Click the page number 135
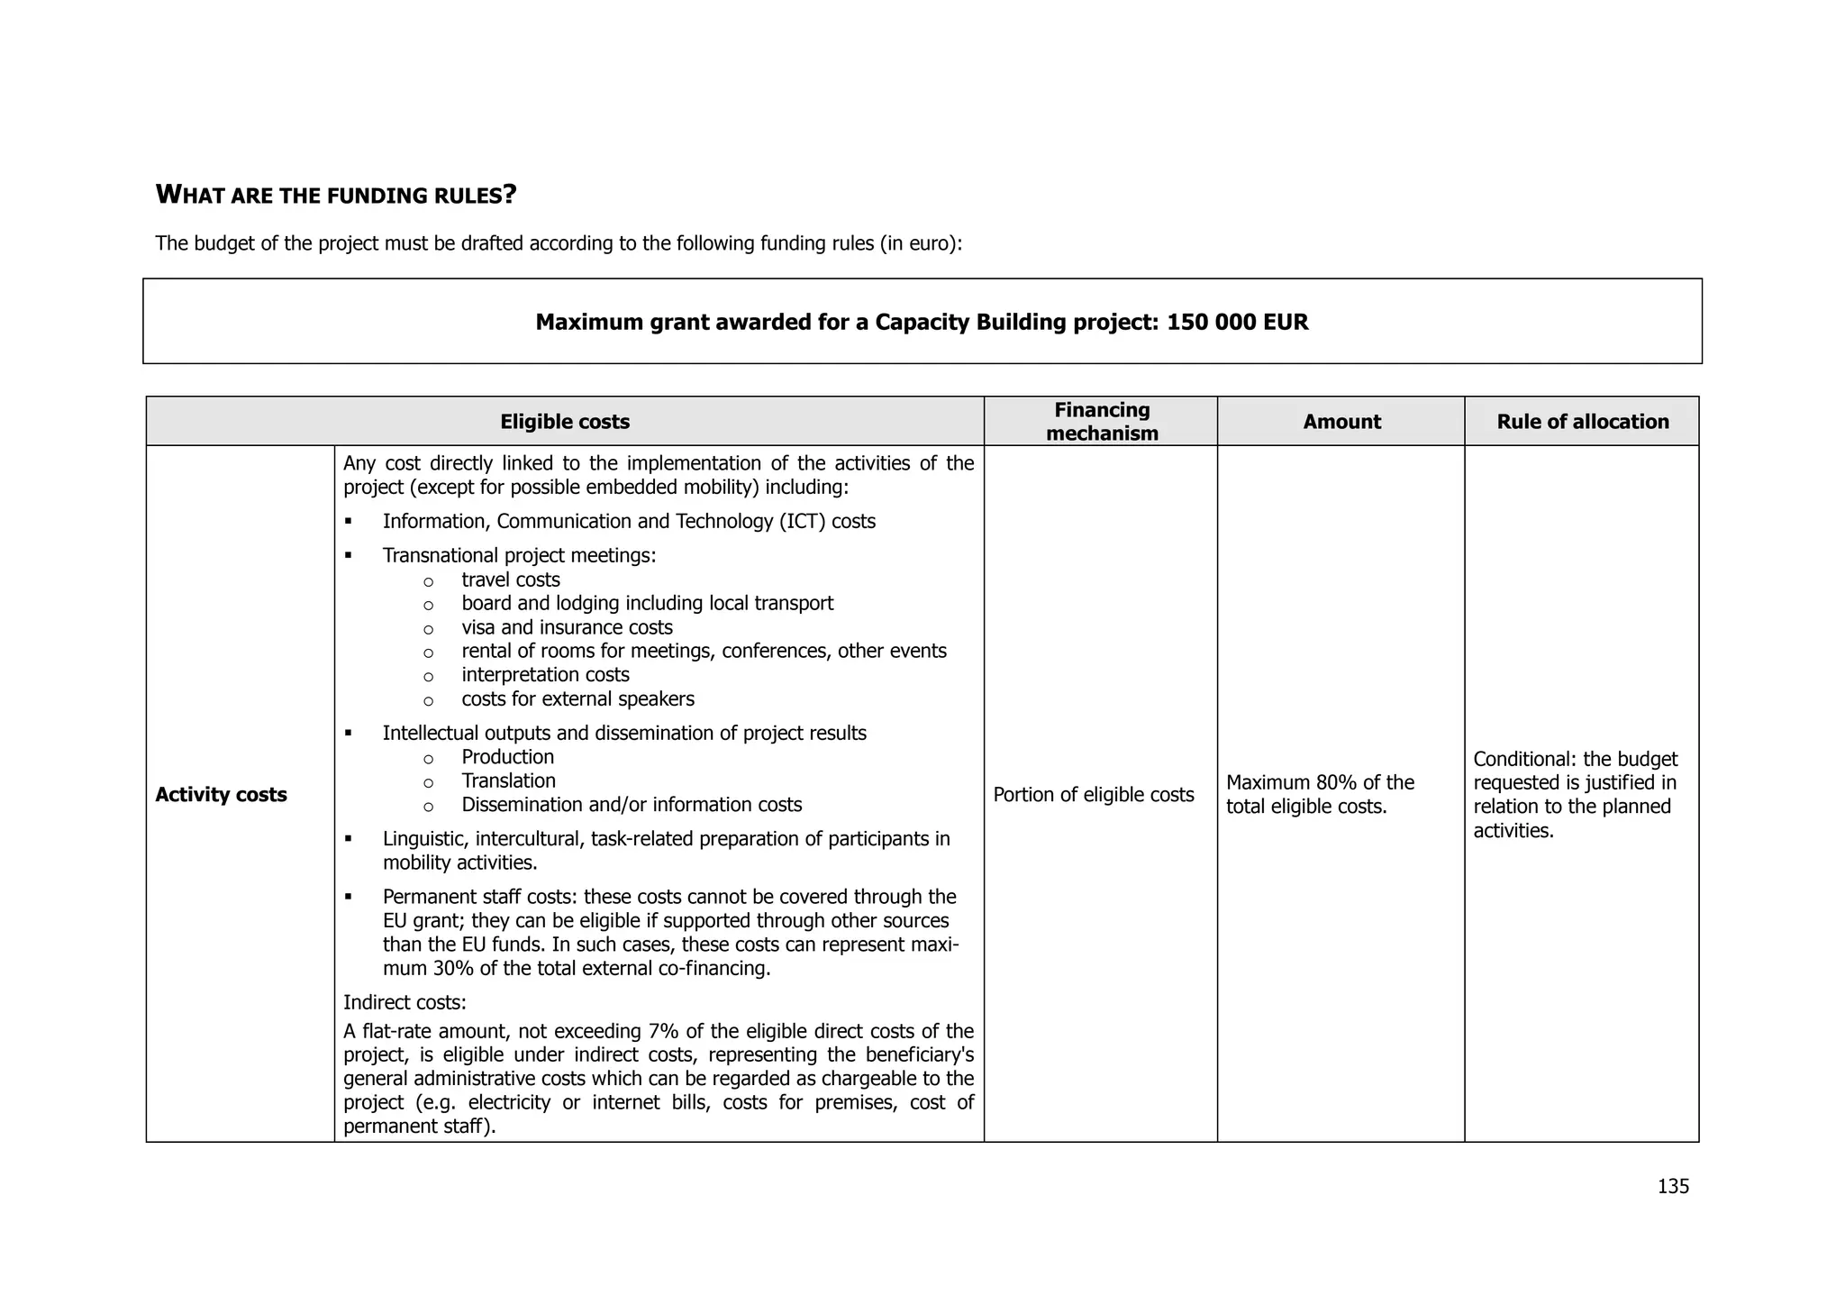tap(1673, 1186)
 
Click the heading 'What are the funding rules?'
tap(336, 195)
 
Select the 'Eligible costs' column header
tap(565, 422)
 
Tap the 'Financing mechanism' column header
tap(1101, 422)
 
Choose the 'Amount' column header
tap(1341, 422)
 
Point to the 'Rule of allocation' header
tap(1582, 422)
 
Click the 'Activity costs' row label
tap(221, 795)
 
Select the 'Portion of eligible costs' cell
tap(1093, 795)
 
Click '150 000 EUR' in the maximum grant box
tap(1237, 323)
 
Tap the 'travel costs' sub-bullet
tap(511, 579)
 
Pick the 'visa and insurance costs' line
tap(567, 627)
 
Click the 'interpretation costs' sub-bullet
tap(545, 675)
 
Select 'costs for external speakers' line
tap(577, 699)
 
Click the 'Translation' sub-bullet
tap(508, 781)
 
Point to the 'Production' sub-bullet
tap(507, 757)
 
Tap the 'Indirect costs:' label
tap(404, 1002)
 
